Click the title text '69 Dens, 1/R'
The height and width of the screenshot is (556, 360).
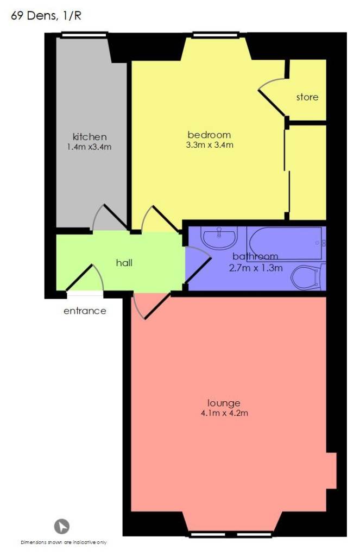pyautogui.click(x=46, y=16)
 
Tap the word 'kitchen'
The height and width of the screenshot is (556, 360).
pyautogui.click(x=90, y=136)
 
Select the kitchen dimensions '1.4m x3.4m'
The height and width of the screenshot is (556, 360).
pyautogui.click(x=90, y=147)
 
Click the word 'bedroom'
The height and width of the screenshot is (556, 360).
pyautogui.click(x=209, y=135)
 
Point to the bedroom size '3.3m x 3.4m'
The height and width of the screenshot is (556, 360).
pyautogui.click(x=210, y=144)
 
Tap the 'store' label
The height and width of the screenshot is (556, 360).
pyautogui.click(x=307, y=97)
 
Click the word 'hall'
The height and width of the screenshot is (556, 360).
pyautogui.click(x=124, y=262)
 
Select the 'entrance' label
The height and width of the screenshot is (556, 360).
pyautogui.click(x=85, y=311)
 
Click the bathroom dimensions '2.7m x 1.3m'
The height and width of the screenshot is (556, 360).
pyautogui.click(x=256, y=268)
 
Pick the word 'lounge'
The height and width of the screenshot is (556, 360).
pyautogui.click(x=224, y=403)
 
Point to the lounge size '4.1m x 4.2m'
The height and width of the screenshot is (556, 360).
pyautogui.click(x=224, y=413)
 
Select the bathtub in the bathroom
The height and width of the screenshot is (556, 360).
pyautogui.click(x=286, y=244)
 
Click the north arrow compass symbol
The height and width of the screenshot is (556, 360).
pyautogui.click(x=62, y=526)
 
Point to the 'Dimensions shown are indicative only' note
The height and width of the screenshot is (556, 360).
pyautogui.click(x=64, y=542)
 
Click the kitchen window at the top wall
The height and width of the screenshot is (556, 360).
pyautogui.click(x=84, y=35)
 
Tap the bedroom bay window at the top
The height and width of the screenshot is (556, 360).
pyautogui.click(x=215, y=35)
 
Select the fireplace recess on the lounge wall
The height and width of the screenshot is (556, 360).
pyautogui.click(x=331, y=471)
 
